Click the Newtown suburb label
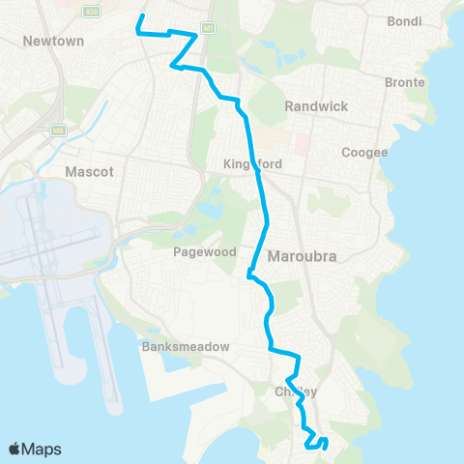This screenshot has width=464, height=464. pos(53,42)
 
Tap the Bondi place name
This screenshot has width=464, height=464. pos(403,21)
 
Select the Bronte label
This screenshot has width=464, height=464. pos(404,83)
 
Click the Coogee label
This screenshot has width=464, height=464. pos(364,152)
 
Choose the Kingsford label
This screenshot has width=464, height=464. pos(252,164)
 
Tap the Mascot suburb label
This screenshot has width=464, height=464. pos(89,171)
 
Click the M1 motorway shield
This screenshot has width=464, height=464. pos(207,25)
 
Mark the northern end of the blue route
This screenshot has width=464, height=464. pos(142,16)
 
